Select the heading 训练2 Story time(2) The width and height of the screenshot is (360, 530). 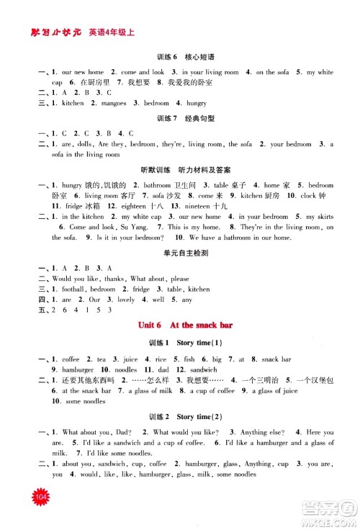pyautogui.click(x=180, y=416)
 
